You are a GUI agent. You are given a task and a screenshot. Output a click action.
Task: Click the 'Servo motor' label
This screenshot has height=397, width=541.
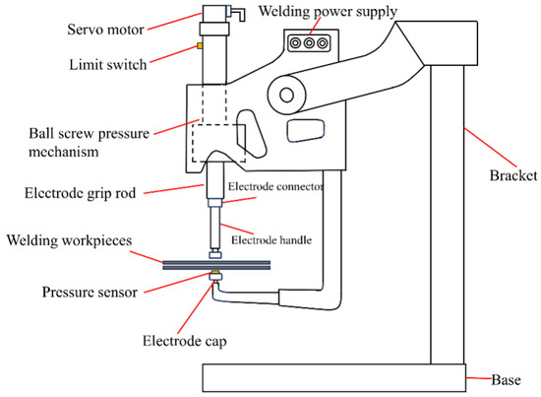(x=105, y=30)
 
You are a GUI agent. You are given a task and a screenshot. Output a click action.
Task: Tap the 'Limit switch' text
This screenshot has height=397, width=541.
(x=108, y=65)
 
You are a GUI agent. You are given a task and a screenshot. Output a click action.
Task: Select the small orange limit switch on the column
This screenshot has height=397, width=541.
(x=200, y=45)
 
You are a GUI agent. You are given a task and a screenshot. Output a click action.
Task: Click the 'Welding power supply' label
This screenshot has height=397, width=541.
(x=328, y=12)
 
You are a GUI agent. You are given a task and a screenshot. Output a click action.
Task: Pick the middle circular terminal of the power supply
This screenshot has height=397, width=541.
(x=309, y=43)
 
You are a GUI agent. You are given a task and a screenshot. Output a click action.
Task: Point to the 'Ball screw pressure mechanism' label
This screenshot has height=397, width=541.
(x=89, y=142)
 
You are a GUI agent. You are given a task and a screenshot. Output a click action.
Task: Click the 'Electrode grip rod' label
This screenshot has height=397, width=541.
(x=80, y=193)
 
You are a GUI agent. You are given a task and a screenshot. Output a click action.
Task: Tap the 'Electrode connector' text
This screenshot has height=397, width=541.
(x=276, y=186)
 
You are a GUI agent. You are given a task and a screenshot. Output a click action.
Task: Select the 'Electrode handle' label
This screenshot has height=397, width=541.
(x=271, y=240)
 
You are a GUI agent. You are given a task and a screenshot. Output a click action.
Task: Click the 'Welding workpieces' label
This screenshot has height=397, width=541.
(x=70, y=240)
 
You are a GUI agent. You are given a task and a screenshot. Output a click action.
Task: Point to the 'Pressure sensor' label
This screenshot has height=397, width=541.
(x=90, y=292)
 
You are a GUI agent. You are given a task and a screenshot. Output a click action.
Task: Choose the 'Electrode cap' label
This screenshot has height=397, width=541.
(x=185, y=341)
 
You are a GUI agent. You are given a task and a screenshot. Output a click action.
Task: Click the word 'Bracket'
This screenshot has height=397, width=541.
(x=513, y=175)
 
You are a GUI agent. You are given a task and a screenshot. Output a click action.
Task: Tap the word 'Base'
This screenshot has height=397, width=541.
(x=506, y=379)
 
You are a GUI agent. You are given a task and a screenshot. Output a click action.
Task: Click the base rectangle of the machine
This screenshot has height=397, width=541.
(x=334, y=377)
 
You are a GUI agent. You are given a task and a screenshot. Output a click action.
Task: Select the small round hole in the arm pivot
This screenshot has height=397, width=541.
(x=286, y=95)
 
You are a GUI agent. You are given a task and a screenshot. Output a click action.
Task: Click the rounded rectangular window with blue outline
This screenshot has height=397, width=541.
(x=306, y=130)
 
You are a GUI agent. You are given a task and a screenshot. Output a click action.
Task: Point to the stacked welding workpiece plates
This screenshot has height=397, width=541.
(x=216, y=265)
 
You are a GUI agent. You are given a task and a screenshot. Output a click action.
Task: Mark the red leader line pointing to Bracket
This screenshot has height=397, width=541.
(x=490, y=148)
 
